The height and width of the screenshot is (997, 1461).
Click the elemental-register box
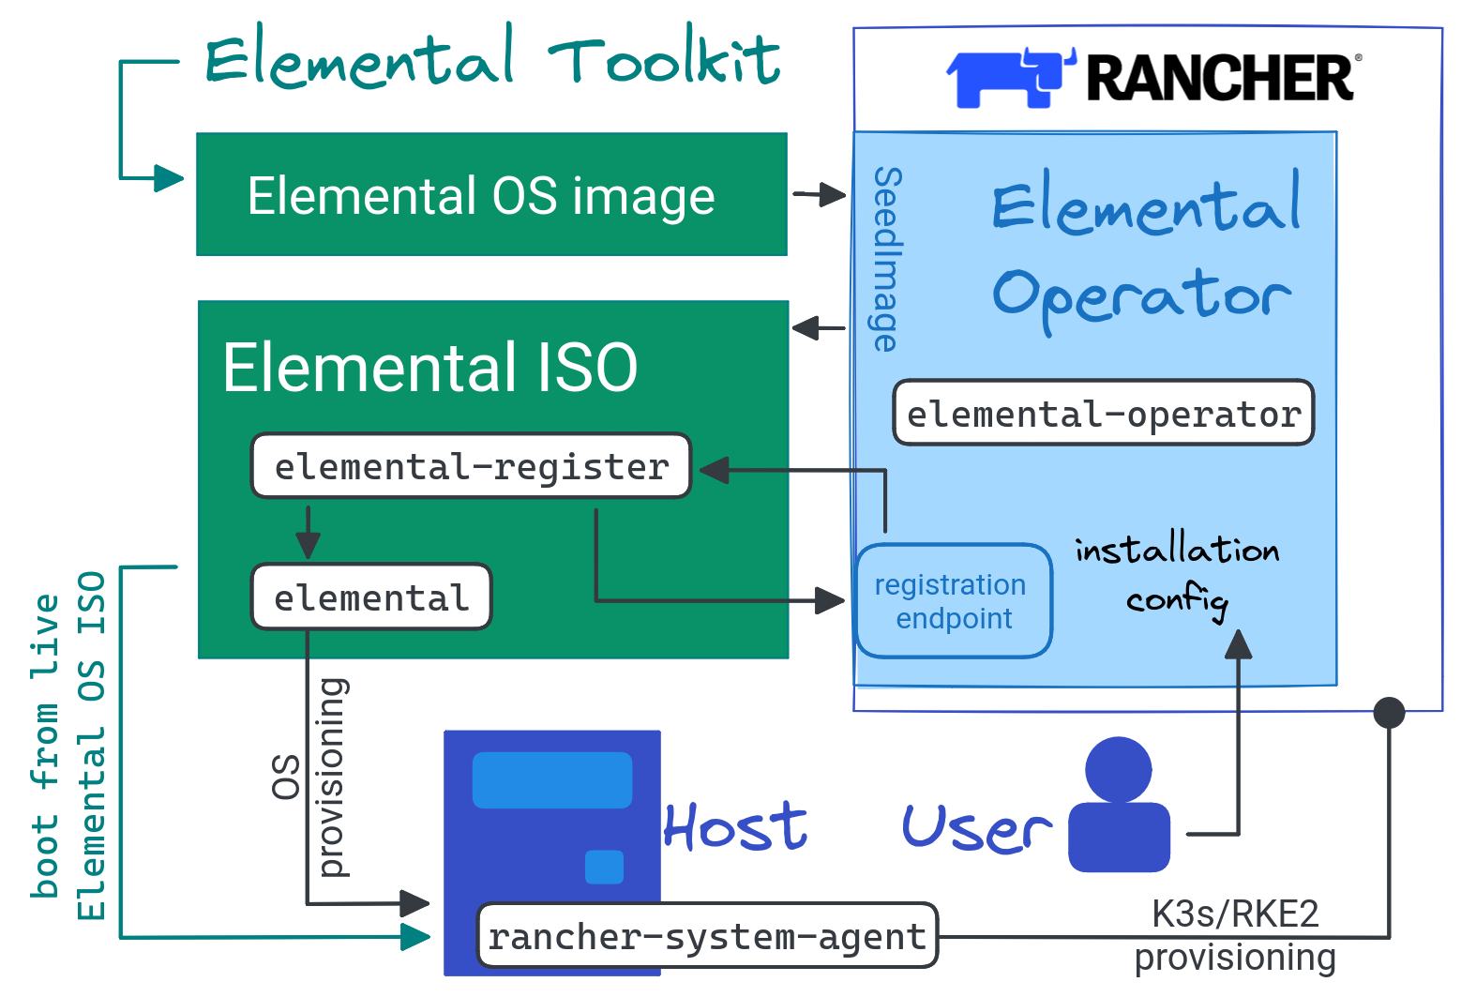(x=471, y=466)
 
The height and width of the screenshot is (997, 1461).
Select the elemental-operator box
(x=1103, y=413)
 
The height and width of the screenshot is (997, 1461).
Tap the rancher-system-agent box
(x=707, y=936)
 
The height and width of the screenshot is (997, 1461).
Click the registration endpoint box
(x=953, y=601)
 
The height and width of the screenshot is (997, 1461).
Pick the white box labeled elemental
(x=371, y=597)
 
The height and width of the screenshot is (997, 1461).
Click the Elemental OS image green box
(x=491, y=195)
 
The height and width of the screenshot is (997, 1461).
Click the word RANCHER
(x=1219, y=78)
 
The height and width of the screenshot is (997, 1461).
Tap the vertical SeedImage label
(x=885, y=260)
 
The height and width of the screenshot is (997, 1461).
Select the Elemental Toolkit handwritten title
(x=491, y=58)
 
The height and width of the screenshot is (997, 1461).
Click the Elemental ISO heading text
(x=429, y=368)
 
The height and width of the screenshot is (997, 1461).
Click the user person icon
(x=1119, y=805)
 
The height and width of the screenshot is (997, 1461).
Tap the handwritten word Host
(x=735, y=827)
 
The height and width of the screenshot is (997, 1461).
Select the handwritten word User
(x=976, y=829)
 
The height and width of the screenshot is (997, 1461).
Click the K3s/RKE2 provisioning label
(x=1235, y=935)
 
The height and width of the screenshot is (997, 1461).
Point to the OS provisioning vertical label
(x=309, y=777)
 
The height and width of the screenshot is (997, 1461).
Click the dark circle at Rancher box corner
(x=1389, y=713)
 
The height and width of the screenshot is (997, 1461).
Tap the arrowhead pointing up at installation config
(x=1239, y=645)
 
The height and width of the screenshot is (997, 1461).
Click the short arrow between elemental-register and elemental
(x=308, y=532)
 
